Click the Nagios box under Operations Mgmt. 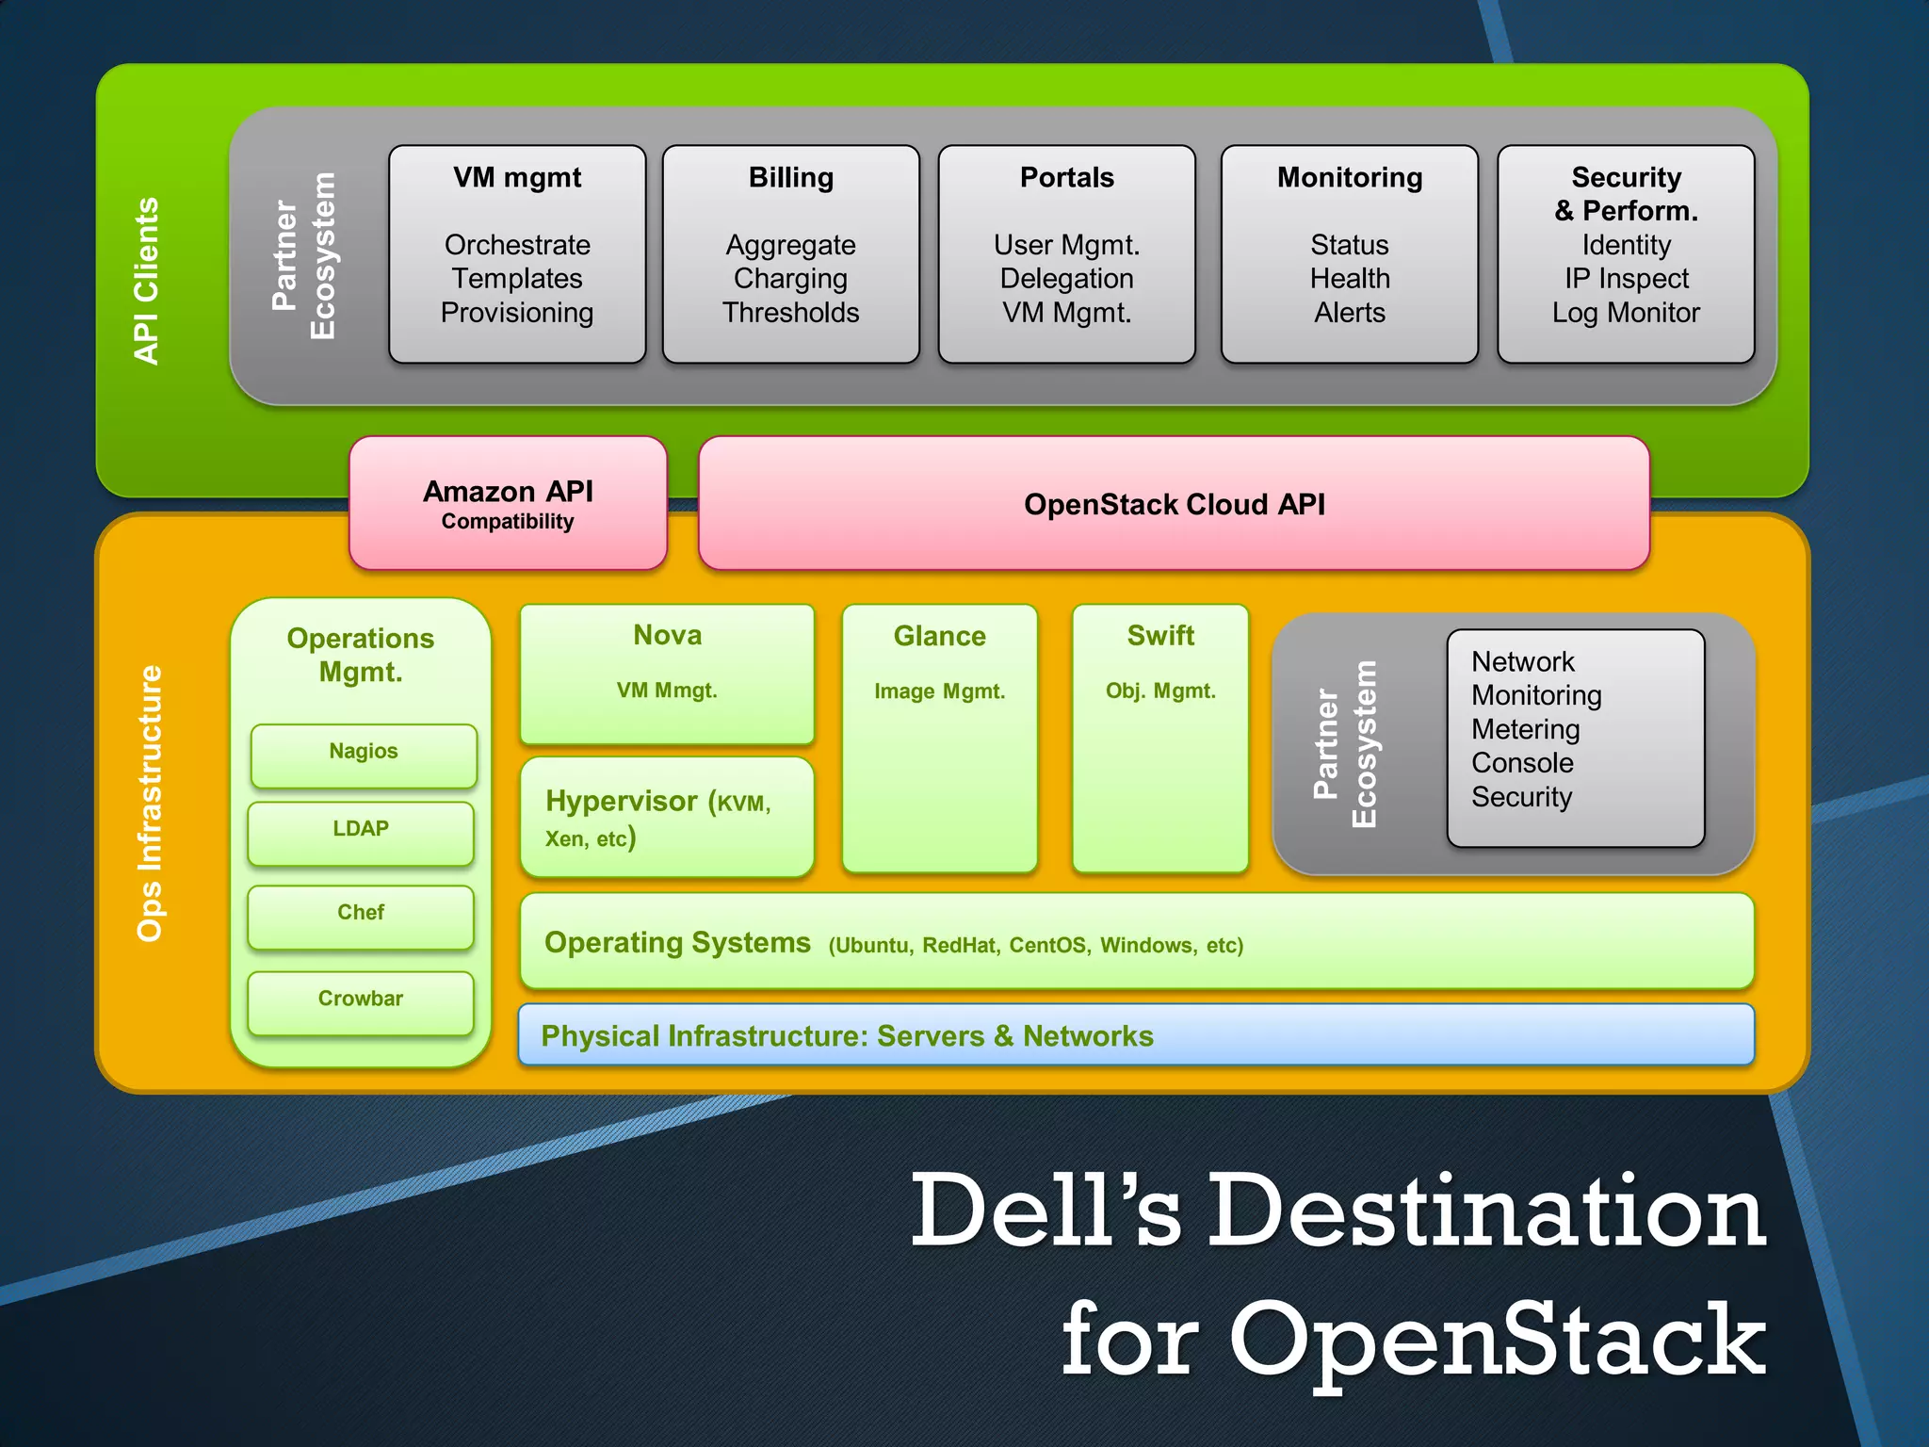364,754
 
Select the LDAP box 361,832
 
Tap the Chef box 361,915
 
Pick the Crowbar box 361,1001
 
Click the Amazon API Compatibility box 508,504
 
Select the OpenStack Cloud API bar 1174,504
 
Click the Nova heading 667,636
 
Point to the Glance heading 939,637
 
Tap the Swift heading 1160,636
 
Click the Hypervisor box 667,818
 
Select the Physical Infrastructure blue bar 1136,1035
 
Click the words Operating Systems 677,943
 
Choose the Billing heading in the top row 791,177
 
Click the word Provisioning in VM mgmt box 517,313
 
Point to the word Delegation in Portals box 1066,279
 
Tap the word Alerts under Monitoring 1350,313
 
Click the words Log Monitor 1626,313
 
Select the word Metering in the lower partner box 1526,729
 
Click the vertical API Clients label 147,281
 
